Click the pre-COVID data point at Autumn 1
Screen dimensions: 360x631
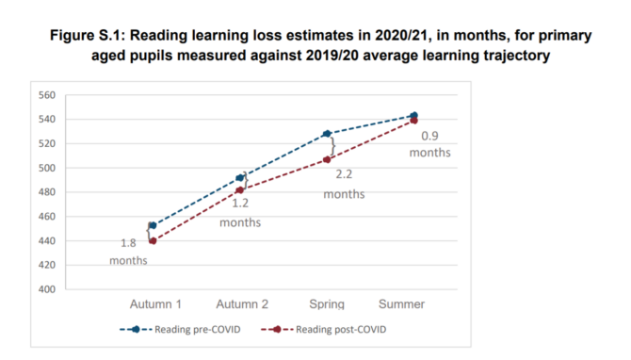153,225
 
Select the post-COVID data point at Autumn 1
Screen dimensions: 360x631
153,240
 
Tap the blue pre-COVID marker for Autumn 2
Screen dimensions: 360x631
240,177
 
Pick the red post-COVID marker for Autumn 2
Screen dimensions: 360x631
240,190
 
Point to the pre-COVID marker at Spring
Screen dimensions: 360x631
327,134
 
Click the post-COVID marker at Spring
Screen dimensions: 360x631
327,159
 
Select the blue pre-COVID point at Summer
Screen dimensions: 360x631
413,115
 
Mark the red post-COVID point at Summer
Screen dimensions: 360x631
413,121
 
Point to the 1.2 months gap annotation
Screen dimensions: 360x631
239,213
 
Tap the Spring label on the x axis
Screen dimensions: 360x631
327,304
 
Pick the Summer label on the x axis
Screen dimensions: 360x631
413,304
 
